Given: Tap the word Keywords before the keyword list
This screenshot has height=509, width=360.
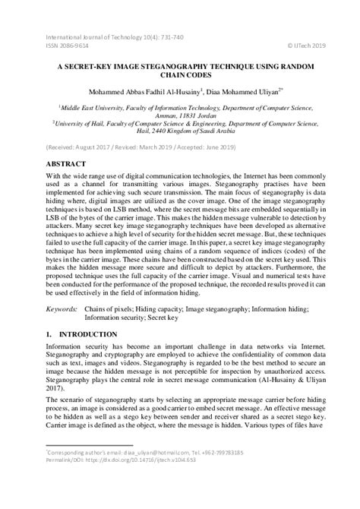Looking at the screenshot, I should [x=63, y=309].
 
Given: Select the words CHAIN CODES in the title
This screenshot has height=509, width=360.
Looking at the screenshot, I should [x=180, y=76].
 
